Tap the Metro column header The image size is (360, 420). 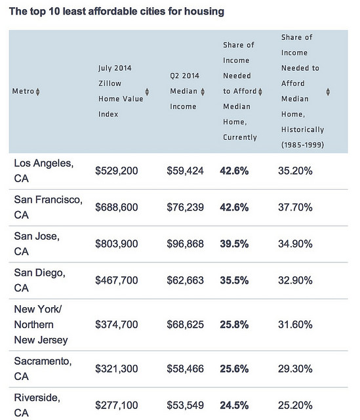click(23, 91)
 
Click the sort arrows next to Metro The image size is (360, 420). click(37, 91)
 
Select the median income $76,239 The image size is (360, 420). click(186, 207)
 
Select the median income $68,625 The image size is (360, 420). click(186, 325)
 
